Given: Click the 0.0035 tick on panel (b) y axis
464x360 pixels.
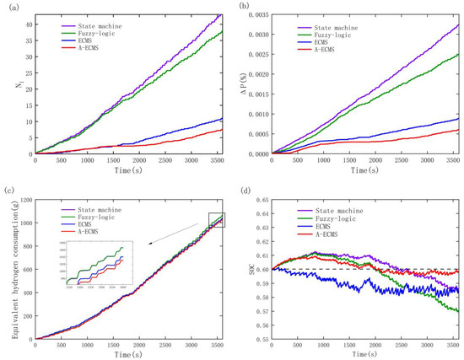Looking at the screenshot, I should [x=258, y=14].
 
